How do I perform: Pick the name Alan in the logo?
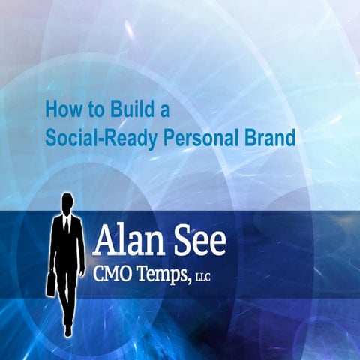(x=127, y=242)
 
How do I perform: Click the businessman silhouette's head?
(x=67, y=202)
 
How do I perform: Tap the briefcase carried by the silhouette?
(x=50, y=283)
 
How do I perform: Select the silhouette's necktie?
(x=67, y=224)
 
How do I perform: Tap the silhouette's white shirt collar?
(x=67, y=217)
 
